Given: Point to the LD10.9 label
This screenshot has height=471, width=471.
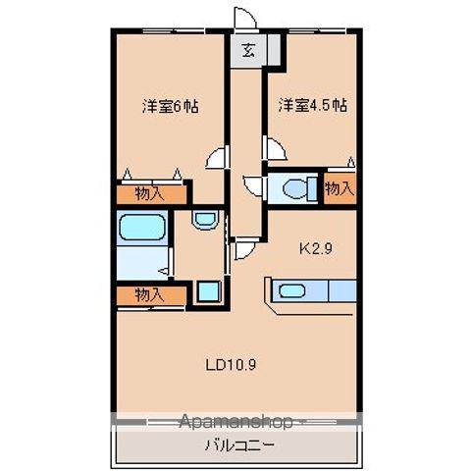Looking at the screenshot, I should tap(231, 364).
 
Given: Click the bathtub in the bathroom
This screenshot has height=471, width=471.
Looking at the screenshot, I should tap(142, 229).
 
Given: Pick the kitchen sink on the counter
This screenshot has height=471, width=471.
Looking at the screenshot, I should tap(292, 290).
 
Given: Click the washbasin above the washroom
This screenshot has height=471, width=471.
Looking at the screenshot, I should tap(204, 220).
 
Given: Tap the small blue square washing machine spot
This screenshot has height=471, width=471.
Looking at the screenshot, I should tap(206, 290).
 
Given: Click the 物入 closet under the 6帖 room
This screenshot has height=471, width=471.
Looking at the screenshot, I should tap(151, 194).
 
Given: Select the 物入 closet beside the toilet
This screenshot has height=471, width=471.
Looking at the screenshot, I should tap(339, 186).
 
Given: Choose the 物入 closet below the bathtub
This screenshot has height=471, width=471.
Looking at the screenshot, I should tap(150, 294).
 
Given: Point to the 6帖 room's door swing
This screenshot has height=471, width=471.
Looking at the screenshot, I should tap(217, 158).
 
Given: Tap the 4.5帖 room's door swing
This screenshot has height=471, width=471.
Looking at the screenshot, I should tap(276, 148).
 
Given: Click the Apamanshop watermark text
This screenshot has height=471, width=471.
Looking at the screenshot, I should tap(235, 422).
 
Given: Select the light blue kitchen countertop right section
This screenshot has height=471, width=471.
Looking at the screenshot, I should tap(340, 290).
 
